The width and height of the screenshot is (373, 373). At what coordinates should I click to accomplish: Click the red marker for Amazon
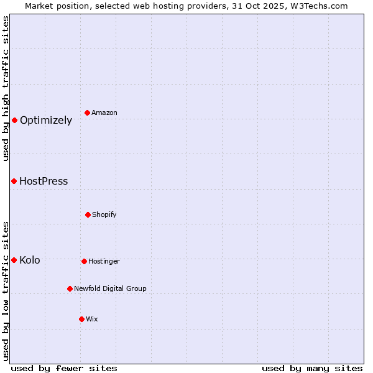88,113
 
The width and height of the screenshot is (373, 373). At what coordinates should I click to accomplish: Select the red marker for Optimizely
14,120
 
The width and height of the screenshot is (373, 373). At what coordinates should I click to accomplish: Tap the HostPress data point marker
14,181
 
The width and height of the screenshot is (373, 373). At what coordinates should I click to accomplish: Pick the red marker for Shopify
88,214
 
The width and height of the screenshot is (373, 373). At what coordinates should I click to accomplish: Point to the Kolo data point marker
14,260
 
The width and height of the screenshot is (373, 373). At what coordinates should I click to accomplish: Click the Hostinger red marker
84,261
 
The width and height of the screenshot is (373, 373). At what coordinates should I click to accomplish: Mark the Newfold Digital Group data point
70,288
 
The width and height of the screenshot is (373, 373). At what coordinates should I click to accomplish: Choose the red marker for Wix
81,319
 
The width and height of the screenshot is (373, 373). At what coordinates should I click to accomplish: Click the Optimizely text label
46,121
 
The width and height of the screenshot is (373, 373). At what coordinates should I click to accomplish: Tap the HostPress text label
44,182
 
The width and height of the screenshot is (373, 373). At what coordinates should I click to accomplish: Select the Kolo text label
30,260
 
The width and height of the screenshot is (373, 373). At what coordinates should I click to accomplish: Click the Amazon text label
104,113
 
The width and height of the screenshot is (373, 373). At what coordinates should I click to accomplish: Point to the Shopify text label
104,215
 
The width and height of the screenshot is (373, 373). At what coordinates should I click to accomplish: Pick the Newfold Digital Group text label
111,289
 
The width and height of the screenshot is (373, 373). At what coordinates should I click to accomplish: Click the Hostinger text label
104,262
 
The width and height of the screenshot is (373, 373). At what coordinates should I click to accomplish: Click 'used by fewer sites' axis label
64,368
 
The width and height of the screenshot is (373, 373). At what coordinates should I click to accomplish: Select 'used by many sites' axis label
312,368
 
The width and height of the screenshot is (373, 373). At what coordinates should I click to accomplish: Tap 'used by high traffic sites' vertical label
6,88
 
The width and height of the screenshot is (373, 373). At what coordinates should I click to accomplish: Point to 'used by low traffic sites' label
6,291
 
